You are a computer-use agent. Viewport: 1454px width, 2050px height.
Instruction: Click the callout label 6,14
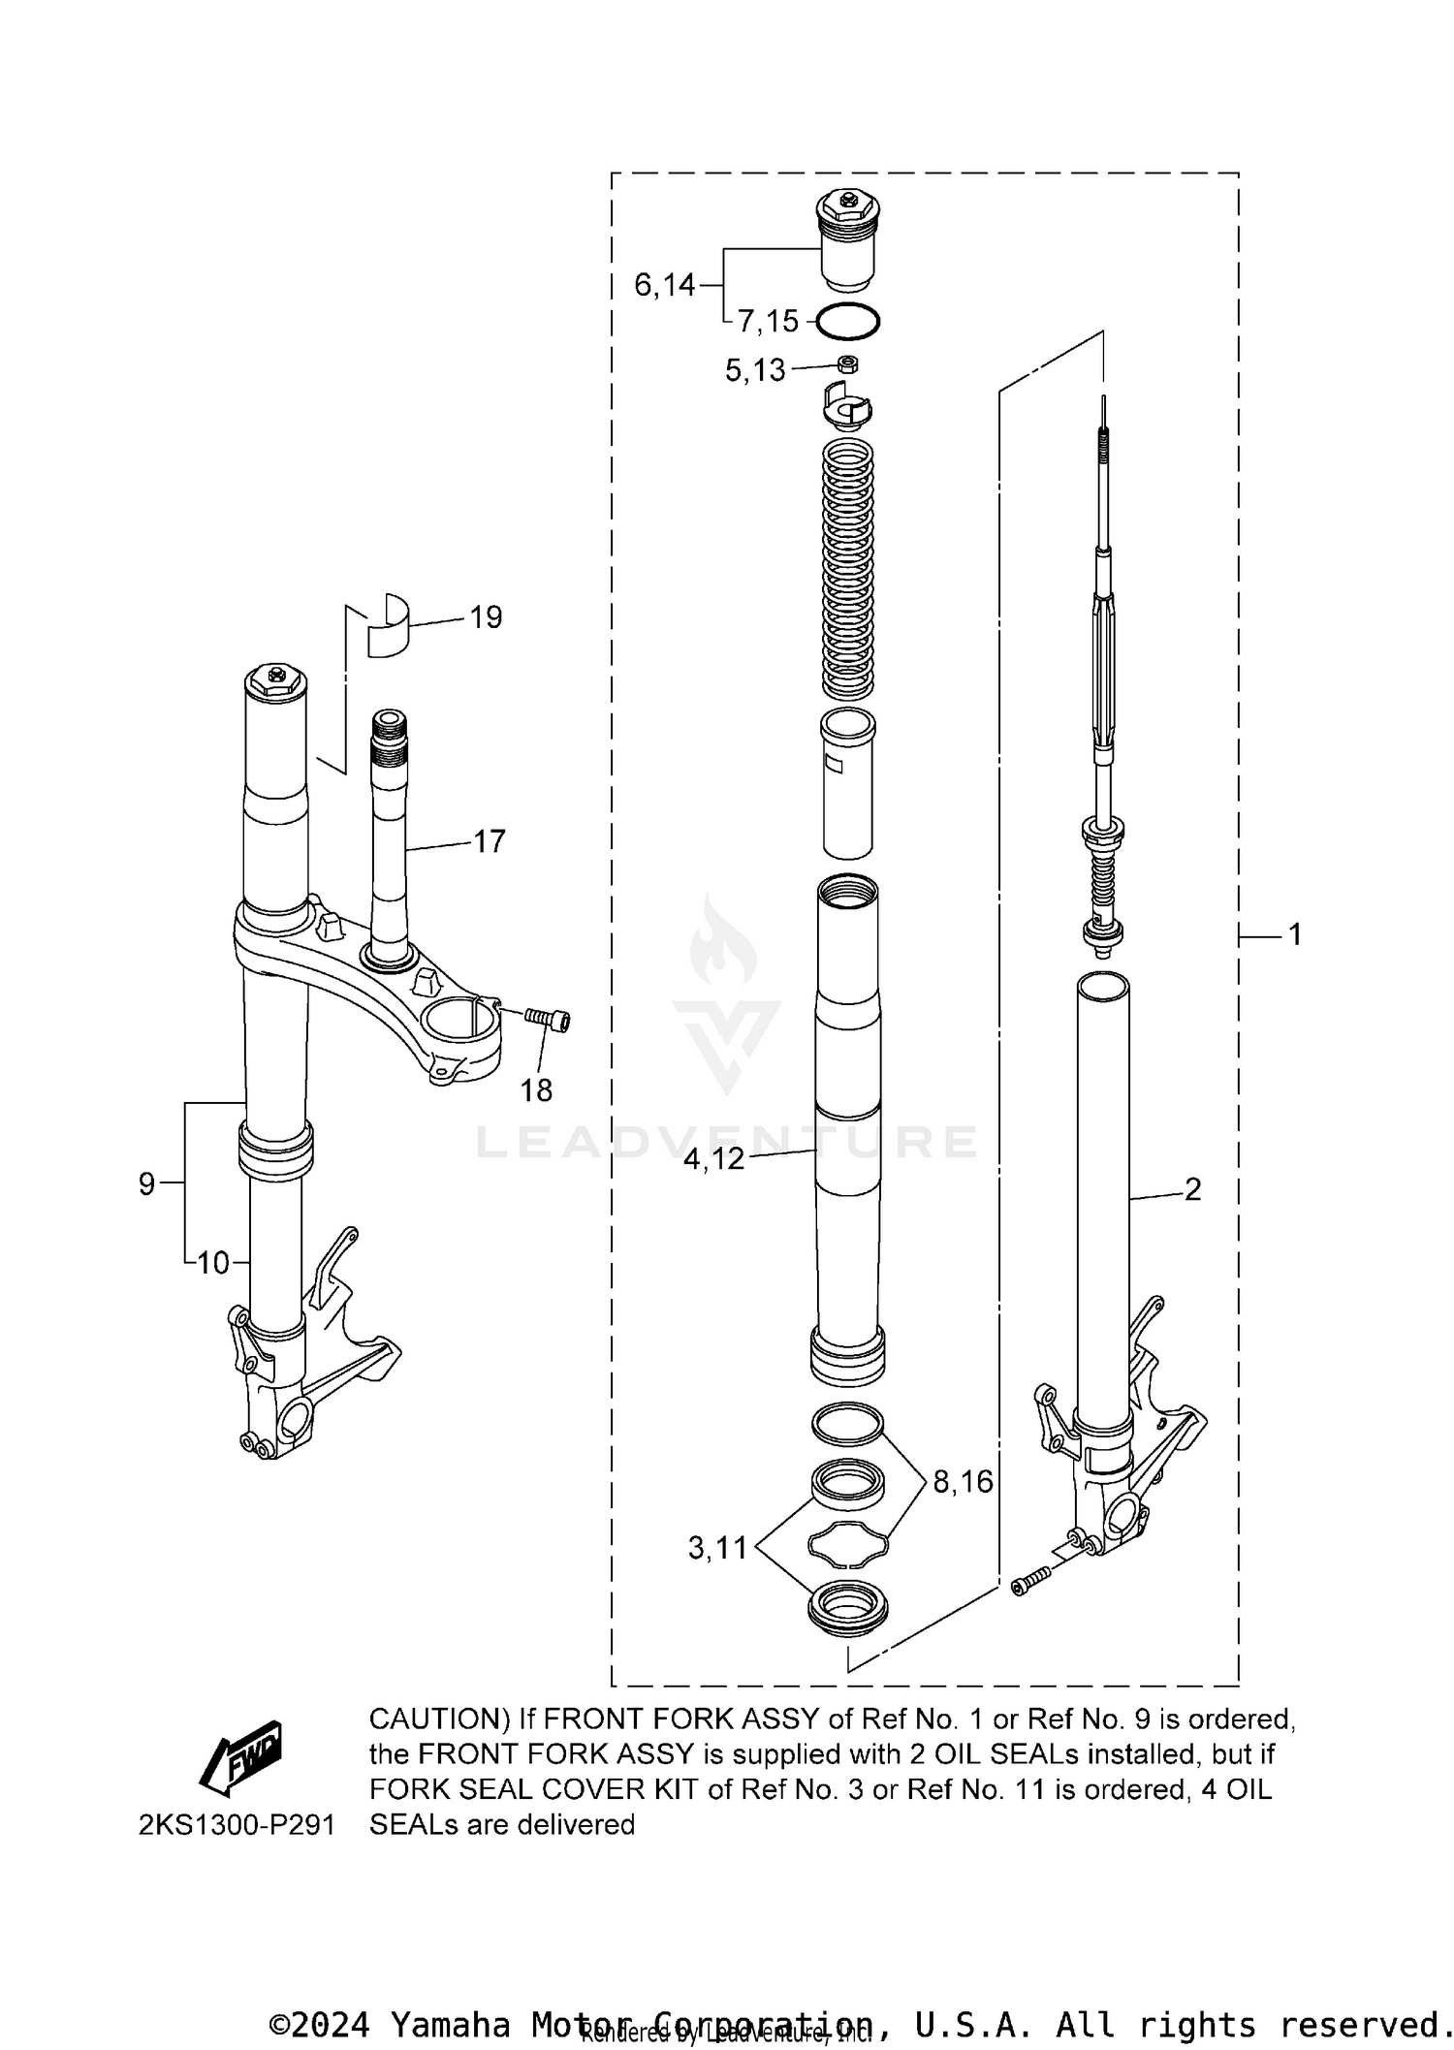(x=664, y=285)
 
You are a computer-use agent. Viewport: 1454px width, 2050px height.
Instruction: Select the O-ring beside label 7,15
(x=847, y=322)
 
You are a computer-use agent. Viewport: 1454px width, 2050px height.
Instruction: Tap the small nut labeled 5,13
(x=846, y=364)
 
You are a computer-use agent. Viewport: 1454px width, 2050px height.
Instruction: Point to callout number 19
(x=486, y=617)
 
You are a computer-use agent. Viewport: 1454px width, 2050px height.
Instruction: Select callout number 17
(x=490, y=840)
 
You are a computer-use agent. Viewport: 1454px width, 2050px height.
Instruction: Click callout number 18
(x=536, y=1090)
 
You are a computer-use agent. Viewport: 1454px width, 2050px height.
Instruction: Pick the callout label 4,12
(x=713, y=1158)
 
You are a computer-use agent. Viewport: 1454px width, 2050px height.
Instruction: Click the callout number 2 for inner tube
(x=1192, y=1188)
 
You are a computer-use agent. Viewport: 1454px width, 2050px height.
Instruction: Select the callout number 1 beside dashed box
(x=1294, y=934)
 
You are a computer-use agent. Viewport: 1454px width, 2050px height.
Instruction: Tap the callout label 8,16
(x=963, y=1481)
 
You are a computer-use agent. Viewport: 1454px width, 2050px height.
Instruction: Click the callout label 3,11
(x=717, y=1548)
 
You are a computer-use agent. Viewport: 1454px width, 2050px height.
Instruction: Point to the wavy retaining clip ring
(x=847, y=1543)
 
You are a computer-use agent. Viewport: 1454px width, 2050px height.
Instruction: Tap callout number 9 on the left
(x=146, y=1183)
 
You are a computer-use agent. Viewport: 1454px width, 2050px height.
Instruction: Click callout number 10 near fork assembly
(x=213, y=1263)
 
